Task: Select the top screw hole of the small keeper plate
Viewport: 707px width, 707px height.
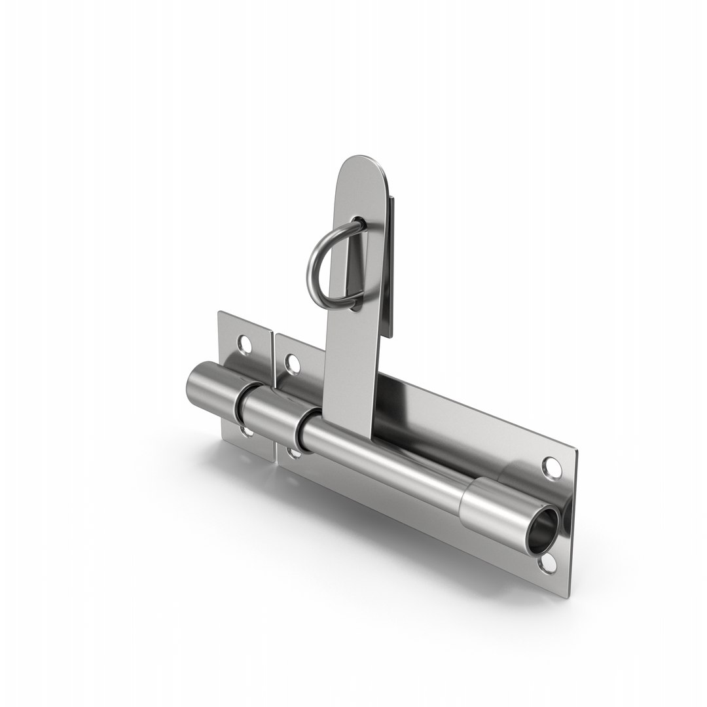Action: (x=244, y=343)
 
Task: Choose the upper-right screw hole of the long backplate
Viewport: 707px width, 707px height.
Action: (x=551, y=467)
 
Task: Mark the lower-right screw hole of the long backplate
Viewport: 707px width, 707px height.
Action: (x=548, y=562)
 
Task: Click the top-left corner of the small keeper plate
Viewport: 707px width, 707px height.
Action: (x=219, y=313)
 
